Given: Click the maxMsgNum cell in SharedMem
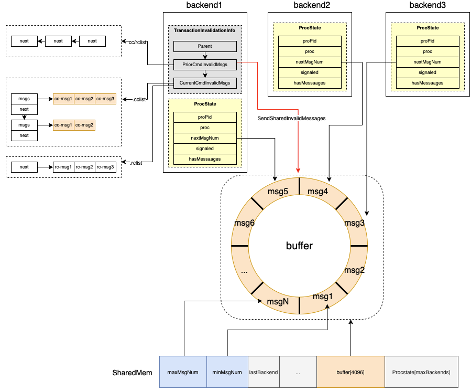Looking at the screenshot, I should point(183,373).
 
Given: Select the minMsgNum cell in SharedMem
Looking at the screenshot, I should point(227,373).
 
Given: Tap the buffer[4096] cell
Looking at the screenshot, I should point(350,373).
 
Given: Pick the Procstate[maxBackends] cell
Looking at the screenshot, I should point(421,373).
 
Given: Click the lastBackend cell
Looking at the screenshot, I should point(263,373).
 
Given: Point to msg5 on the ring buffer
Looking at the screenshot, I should point(278,192).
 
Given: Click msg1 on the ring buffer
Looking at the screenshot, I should point(323,297).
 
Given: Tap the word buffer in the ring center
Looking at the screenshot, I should point(299,246).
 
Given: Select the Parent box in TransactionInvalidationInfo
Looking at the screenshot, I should point(205,47).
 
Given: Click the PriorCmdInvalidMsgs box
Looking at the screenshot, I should point(205,65).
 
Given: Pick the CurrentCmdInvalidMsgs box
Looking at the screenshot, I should point(205,83).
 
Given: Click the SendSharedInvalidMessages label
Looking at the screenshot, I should point(291,119).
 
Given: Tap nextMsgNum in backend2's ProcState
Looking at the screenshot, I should point(310,62).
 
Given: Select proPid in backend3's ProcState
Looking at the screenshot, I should point(428,41).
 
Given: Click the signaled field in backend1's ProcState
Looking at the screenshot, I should point(205,149).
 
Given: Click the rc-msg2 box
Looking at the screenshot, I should point(84,167).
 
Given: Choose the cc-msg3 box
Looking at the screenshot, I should point(105,98).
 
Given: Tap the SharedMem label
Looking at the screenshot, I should point(132,373).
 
